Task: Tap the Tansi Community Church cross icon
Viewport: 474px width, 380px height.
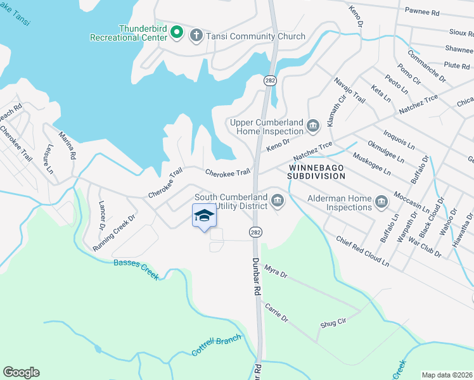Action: [196, 36]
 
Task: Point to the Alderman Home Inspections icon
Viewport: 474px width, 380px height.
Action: [381, 203]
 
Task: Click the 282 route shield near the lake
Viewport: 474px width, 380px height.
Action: [269, 80]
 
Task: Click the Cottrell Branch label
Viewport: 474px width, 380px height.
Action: [217, 345]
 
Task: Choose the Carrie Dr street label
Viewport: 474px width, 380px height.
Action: [277, 312]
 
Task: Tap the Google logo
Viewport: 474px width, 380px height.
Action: [21, 372]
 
